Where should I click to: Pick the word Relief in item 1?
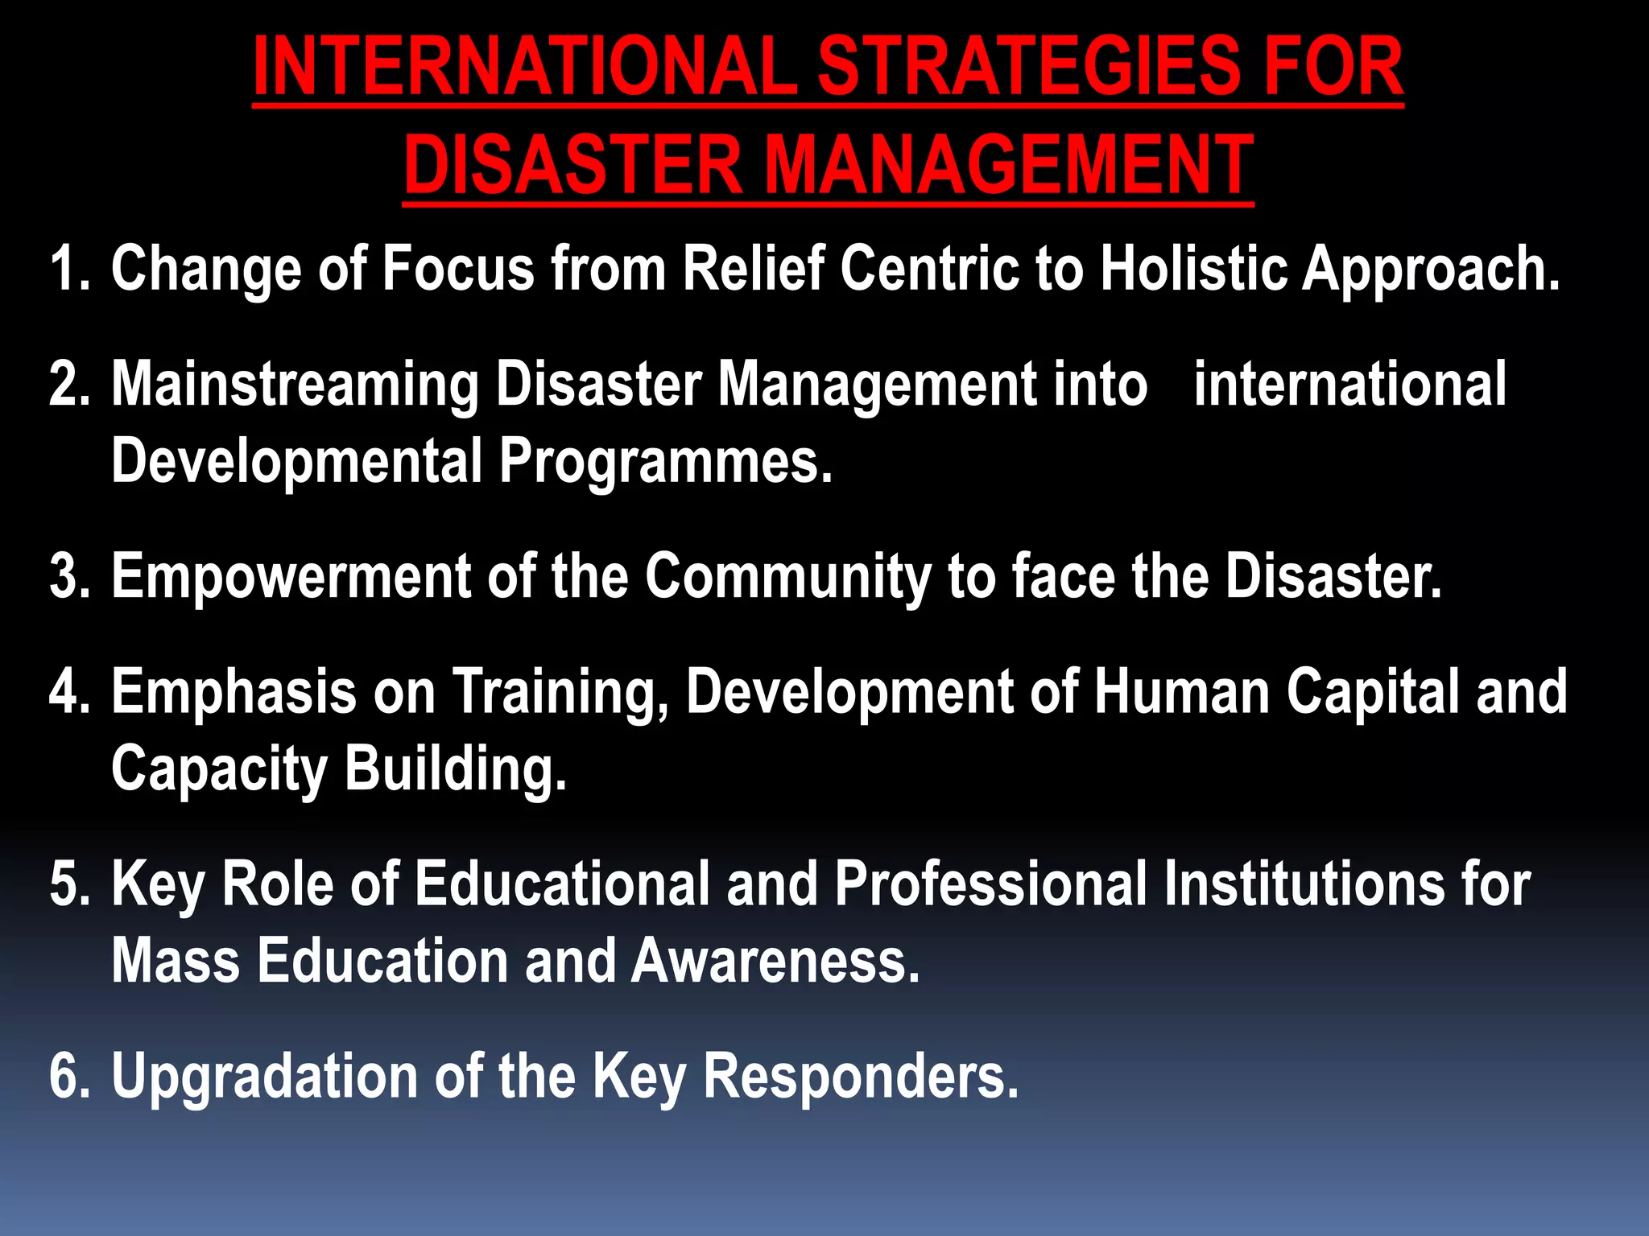pyautogui.click(x=754, y=268)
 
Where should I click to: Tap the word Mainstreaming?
pyautogui.click(x=295, y=385)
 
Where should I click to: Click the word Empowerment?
pyautogui.click(x=291, y=576)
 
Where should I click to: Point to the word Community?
pyautogui.click(x=787, y=576)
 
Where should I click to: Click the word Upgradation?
pyautogui.click(x=264, y=1077)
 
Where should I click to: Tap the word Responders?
pyautogui.click(x=861, y=1077)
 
